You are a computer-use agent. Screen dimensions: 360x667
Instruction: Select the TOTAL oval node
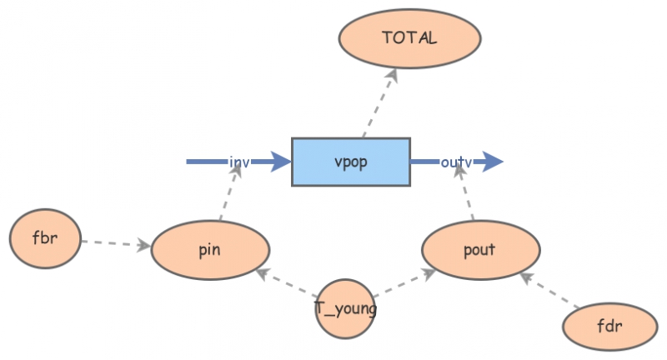(409, 38)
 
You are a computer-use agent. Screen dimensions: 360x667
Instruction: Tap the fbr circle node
(45, 238)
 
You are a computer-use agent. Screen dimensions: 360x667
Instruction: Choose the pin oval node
(210, 250)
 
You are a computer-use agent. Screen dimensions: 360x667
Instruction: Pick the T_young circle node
(345, 309)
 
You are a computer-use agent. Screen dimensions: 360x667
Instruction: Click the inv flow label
(239, 162)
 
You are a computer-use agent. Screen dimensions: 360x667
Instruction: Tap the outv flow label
(456, 162)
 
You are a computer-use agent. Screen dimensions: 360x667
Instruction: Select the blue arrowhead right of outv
(493, 162)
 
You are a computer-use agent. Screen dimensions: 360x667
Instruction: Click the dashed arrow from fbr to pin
(117, 243)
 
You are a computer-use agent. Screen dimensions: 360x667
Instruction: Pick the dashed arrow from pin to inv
(230, 192)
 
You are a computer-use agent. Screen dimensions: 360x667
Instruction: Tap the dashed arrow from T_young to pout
(404, 283)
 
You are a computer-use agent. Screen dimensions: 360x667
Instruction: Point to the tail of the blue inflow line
(189, 162)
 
